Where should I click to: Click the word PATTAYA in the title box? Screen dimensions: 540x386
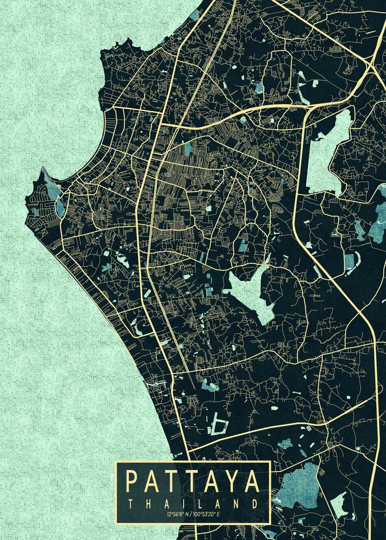point(193,481)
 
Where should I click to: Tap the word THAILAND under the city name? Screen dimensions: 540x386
point(193,503)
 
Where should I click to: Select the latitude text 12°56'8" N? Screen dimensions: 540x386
point(178,513)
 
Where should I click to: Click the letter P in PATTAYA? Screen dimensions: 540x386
point(132,481)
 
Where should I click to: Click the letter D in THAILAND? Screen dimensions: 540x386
point(255,503)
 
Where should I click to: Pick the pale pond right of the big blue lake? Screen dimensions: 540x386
point(340,504)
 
